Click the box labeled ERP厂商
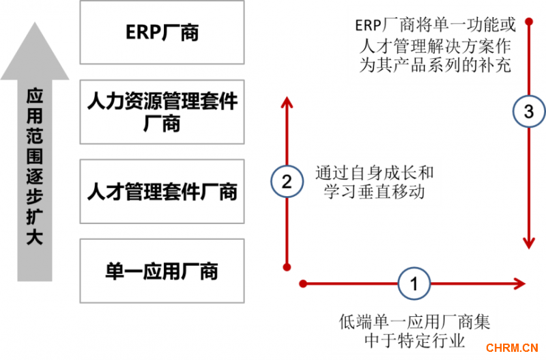point(162,32)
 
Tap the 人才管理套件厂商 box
point(162,191)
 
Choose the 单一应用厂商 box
point(162,271)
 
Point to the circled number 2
point(287,181)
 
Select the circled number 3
point(529,113)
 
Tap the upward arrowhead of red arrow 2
point(287,102)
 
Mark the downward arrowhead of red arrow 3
point(529,243)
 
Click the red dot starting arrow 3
point(529,21)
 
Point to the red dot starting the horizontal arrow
point(301,282)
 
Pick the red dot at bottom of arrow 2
point(287,267)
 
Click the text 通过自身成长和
point(374,174)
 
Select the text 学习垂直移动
point(374,192)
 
